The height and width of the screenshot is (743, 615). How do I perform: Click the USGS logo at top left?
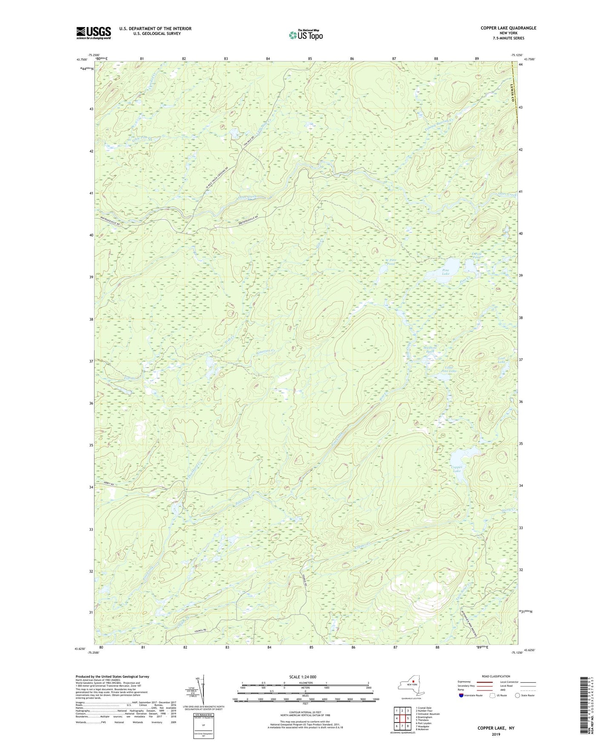[x=93, y=33]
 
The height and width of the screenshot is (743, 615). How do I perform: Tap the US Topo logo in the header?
[x=305, y=35]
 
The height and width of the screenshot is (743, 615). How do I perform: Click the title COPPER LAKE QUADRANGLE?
[x=508, y=28]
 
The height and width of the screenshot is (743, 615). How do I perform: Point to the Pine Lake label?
[x=446, y=272]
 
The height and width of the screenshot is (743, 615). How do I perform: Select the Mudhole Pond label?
[x=430, y=349]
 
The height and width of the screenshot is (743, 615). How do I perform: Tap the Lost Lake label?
[x=503, y=360]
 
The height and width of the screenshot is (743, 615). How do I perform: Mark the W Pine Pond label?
[x=391, y=262]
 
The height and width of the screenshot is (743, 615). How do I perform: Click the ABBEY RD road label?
[x=109, y=483]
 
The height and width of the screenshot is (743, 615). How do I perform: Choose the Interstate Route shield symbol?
[x=461, y=695]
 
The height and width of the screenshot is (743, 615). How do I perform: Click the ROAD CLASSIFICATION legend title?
[x=496, y=676]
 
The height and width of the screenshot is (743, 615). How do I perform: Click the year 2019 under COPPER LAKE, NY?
[x=496, y=734]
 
